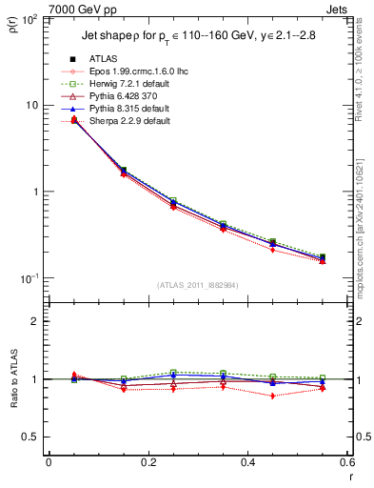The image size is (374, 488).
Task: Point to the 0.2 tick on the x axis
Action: tap(148, 462)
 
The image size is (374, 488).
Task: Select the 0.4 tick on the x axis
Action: tap(247, 462)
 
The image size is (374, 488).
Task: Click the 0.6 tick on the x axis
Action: tap(346, 462)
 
